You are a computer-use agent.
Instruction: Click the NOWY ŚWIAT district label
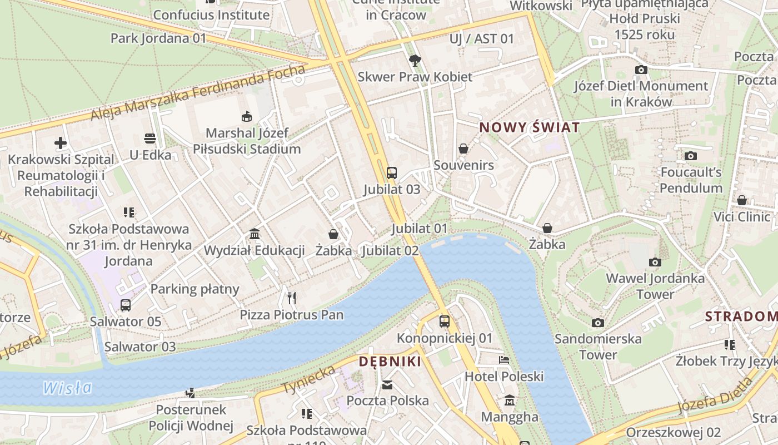[529, 127]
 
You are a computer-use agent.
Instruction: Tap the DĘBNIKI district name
[390, 362]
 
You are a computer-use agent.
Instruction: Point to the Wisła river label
[67, 387]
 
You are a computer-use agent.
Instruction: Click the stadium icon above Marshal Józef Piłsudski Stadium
[246, 116]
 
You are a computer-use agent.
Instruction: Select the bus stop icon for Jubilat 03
[392, 172]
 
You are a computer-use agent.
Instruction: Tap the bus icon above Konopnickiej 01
[444, 321]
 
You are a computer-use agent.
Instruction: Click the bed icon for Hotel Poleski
[504, 360]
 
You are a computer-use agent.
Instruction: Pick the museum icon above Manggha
[509, 400]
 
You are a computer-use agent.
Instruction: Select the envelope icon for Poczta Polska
[387, 384]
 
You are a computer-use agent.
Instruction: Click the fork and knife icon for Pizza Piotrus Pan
[292, 298]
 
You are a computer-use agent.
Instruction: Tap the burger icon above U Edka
[150, 138]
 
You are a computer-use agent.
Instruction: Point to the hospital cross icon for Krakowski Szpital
[61, 143]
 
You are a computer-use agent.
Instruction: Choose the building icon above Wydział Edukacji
[255, 234]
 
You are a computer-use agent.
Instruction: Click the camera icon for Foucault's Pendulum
[691, 156]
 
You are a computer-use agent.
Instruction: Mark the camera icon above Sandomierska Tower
[597, 323]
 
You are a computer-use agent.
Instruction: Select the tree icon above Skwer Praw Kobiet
[415, 61]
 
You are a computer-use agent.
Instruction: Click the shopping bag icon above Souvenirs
[463, 149]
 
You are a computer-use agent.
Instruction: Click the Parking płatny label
[194, 289]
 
